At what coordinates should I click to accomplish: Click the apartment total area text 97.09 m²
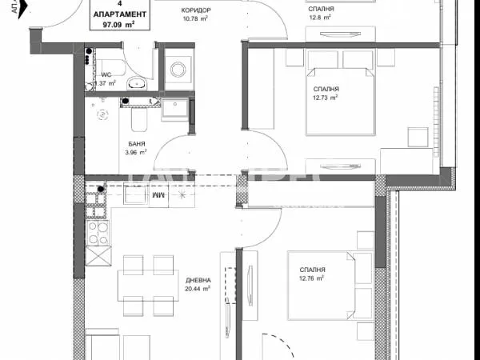pyautogui.click(x=119, y=25)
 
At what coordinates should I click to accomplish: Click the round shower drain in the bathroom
pyautogui.click(x=102, y=114)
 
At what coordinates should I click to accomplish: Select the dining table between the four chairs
pyautogui.click(x=146, y=285)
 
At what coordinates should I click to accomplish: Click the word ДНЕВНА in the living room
pyautogui.click(x=198, y=280)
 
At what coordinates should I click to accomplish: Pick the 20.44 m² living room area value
pyautogui.click(x=198, y=289)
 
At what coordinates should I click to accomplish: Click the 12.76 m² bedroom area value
pyautogui.click(x=311, y=279)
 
